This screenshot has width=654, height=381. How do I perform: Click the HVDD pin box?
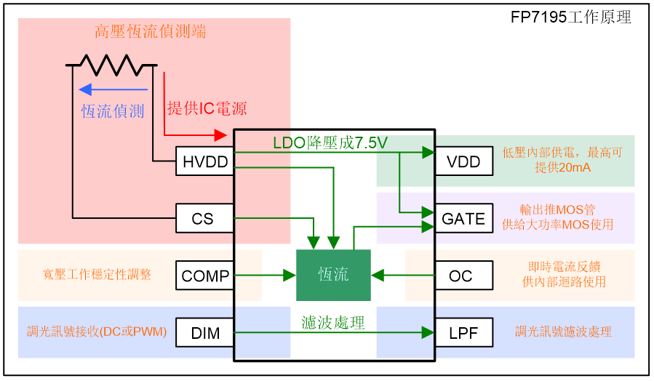pyautogui.click(x=204, y=161)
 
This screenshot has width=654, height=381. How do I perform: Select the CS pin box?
pyautogui.click(x=204, y=218)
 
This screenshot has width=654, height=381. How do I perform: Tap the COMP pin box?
pyautogui.click(x=204, y=276)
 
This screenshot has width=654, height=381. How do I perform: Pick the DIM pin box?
pyautogui.click(x=204, y=332)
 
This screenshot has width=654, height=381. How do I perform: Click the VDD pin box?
pyautogui.click(x=463, y=161)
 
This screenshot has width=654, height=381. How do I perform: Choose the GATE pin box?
pyautogui.click(x=463, y=218)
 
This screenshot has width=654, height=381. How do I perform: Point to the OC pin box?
pyautogui.click(x=463, y=276)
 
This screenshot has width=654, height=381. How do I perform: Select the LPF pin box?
pyautogui.click(x=463, y=332)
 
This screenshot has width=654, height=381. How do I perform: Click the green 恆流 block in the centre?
pyautogui.click(x=333, y=275)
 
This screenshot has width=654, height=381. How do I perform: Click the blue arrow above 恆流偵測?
pyautogui.click(x=113, y=90)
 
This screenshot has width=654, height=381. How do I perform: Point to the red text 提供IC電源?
pyautogui.click(x=207, y=108)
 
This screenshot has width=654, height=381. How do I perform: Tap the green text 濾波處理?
pyautogui.click(x=333, y=322)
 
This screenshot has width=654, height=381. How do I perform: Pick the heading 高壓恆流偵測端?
pyautogui.click(x=150, y=31)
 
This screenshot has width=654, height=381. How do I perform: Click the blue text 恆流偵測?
pyautogui.click(x=113, y=111)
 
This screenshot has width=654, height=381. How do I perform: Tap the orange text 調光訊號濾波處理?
pyautogui.click(x=563, y=332)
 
